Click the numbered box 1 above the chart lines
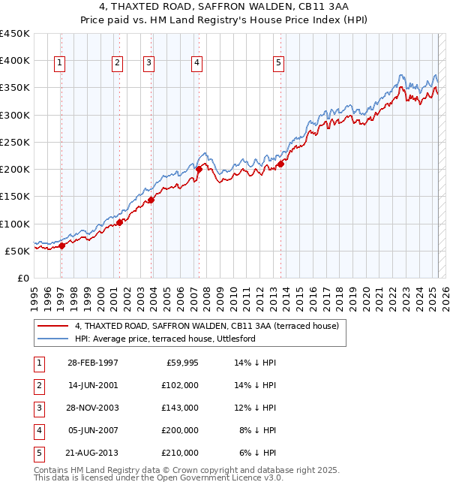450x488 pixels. pyautogui.click(x=59, y=64)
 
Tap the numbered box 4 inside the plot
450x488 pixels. pyautogui.click(x=196, y=64)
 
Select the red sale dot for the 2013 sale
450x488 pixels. pyautogui.click(x=280, y=164)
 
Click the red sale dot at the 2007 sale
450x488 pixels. pyautogui.click(x=199, y=170)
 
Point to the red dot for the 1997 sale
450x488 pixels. pyautogui.click(x=62, y=246)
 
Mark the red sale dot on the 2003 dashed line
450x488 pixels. pyautogui.click(x=151, y=200)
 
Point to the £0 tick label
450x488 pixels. pyautogui.click(x=24, y=279)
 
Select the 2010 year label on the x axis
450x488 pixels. pyautogui.click(x=233, y=300)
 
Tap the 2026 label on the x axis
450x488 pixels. pyautogui.click(x=445, y=300)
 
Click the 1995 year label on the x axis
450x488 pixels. pyautogui.click(x=34, y=300)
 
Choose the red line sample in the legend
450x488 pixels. pyautogui.click(x=52, y=326)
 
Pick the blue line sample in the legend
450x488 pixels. pyautogui.click(x=52, y=339)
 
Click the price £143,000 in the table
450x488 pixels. pyautogui.click(x=180, y=408)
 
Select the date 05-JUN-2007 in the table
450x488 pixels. pyautogui.click(x=93, y=430)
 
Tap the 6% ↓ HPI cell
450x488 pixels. pyautogui.click(x=257, y=453)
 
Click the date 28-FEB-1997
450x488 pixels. pyautogui.click(x=93, y=363)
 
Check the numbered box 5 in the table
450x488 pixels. pyautogui.click(x=39, y=453)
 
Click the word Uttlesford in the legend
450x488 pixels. pyautogui.click(x=236, y=339)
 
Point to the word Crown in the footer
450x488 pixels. pyautogui.click(x=182, y=470)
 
